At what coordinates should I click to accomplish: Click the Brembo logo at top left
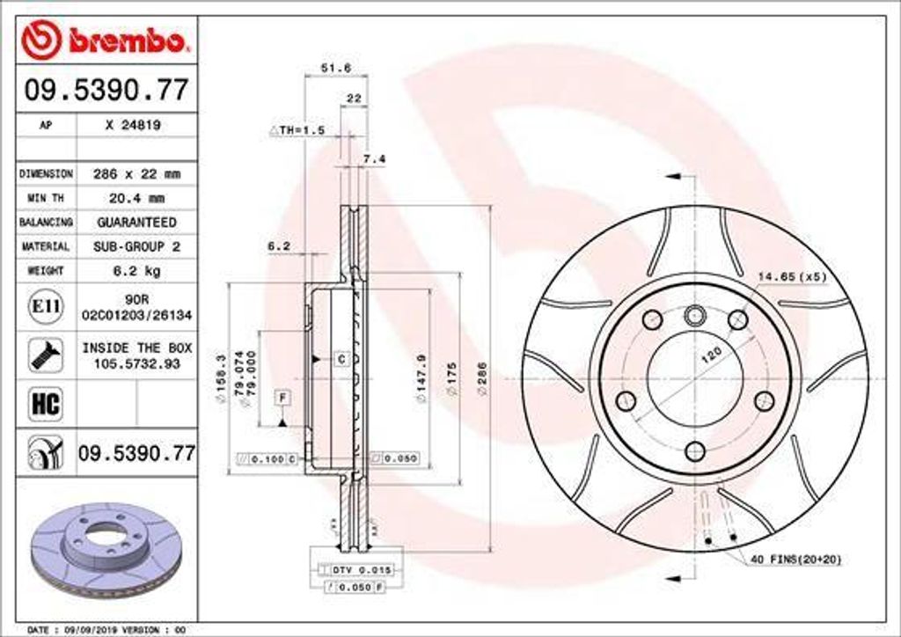[x=106, y=40]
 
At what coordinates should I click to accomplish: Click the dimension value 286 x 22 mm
[x=136, y=174]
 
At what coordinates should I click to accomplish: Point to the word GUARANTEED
[x=136, y=223]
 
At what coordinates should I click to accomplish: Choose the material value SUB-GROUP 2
[x=136, y=247]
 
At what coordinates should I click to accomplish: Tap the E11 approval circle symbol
[x=46, y=306]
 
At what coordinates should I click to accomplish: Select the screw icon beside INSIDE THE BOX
[x=45, y=355]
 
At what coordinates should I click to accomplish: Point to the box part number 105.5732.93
[x=136, y=363]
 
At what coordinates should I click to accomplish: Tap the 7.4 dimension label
[x=374, y=159]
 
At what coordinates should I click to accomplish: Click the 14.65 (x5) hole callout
[x=792, y=277]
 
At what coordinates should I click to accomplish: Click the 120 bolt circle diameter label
[x=711, y=354]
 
